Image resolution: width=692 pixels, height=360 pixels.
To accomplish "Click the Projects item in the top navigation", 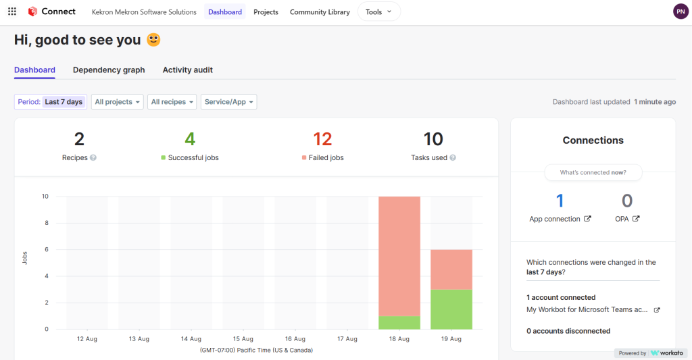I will [x=266, y=12].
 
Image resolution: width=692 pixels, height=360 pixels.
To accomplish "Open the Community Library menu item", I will [x=320, y=12].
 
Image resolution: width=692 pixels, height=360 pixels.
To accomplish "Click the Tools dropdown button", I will [x=378, y=11].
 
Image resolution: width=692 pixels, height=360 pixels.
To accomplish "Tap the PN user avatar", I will [x=681, y=11].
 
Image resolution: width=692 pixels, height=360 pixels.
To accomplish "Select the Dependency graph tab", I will [x=109, y=70].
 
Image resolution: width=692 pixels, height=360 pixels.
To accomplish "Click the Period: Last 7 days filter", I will [x=51, y=102].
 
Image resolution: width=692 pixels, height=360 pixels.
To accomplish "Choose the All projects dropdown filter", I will [x=118, y=102].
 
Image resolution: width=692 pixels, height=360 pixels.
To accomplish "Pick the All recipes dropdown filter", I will [x=172, y=102].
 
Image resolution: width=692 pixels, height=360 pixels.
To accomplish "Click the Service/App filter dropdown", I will [x=228, y=102].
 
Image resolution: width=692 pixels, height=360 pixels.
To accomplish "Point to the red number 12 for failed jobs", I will [x=322, y=139].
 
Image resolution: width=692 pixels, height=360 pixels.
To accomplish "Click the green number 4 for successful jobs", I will [x=190, y=139].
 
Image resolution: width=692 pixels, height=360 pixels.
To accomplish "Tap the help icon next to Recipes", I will [x=93, y=158].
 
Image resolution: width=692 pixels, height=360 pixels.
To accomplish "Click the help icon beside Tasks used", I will [x=453, y=158].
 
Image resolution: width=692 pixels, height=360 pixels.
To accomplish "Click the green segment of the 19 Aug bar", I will [x=451, y=309].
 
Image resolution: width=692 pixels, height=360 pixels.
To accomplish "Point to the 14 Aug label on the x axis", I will [x=191, y=339].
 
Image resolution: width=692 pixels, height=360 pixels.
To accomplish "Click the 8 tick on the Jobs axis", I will [x=45, y=223].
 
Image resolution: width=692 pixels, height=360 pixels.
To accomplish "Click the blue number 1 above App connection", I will [x=560, y=201].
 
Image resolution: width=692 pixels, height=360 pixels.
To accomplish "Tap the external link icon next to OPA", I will [x=636, y=219].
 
